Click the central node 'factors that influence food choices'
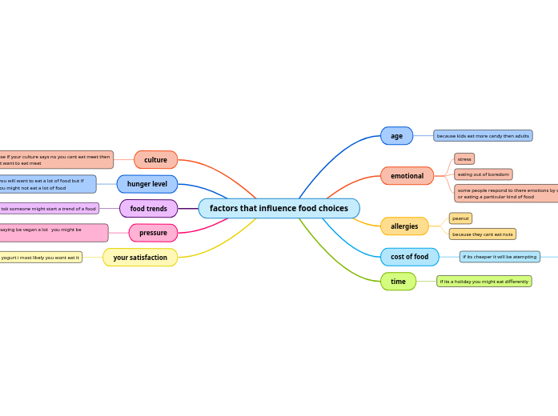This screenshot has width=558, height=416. (x=279, y=209)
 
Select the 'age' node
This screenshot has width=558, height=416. (x=396, y=136)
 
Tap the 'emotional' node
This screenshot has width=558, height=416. (x=407, y=176)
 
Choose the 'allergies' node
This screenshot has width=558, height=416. (x=404, y=226)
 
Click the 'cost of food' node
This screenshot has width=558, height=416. (x=409, y=257)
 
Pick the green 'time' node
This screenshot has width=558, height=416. (x=398, y=282)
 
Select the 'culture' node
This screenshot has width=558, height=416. (x=155, y=160)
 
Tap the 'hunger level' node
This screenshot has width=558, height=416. (x=147, y=184)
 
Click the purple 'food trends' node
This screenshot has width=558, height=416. (x=148, y=209)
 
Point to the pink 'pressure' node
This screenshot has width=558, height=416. (x=153, y=233)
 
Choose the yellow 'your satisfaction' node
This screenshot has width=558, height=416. (x=140, y=258)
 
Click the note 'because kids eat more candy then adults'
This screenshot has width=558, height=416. (x=483, y=136)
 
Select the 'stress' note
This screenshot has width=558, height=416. (x=464, y=159)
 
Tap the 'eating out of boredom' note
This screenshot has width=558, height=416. (x=483, y=174)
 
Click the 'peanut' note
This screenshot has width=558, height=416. (x=460, y=218)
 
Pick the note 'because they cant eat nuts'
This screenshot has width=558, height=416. (x=482, y=234)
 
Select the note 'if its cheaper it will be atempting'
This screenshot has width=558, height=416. (x=500, y=257)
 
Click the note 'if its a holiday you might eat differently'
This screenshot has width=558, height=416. (x=484, y=282)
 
